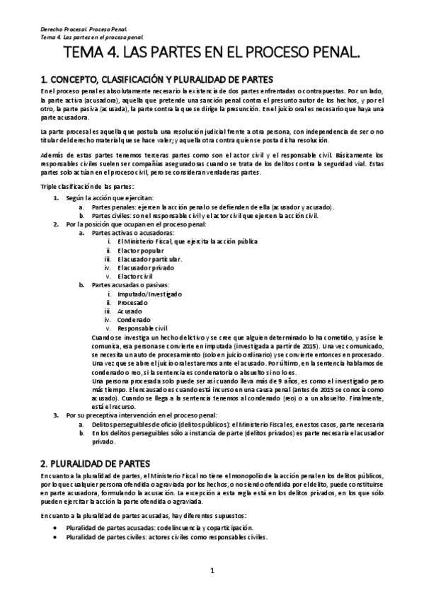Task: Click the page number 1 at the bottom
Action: (212, 570)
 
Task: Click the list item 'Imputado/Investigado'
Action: (148, 294)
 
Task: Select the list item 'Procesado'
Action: (133, 302)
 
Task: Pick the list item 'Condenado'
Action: (134, 319)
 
